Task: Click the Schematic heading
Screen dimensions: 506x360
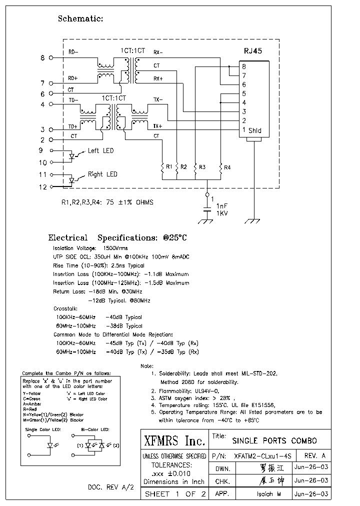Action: coord(80,19)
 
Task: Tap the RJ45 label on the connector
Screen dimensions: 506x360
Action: coord(252,50)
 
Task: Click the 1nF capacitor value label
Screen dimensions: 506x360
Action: coord(222,205)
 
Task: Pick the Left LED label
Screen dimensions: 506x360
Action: coord(100,150)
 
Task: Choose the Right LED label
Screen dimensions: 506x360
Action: coord(102,174)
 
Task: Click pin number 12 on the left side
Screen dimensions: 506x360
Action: coord(42,186)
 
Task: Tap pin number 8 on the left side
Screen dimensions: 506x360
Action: coord(42,58)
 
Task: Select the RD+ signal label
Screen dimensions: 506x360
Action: coord(73,78)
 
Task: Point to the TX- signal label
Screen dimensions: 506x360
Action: coord(157,100)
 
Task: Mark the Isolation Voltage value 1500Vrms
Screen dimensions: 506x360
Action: coord(115,248)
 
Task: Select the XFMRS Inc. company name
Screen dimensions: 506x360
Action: coord(174,441)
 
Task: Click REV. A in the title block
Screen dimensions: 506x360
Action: coord(314,456)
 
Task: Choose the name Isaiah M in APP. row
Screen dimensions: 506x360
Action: coord(262,494)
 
